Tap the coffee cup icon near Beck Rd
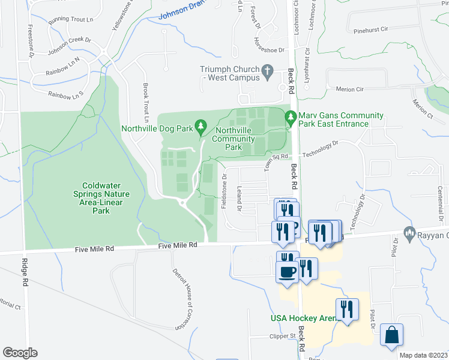(x=288, y=272)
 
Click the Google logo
(x=20, y=353)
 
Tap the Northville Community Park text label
(x=228, y=139)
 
